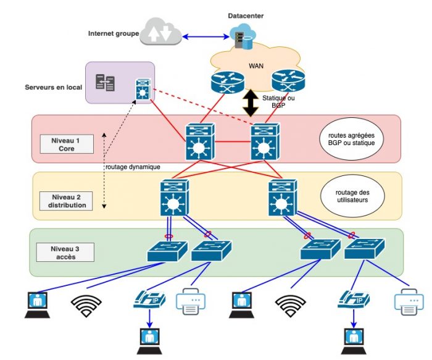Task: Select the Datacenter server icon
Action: click(x=242, y=39)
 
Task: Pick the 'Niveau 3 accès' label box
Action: click(x=64, y=253)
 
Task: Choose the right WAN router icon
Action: click(x=288, y=81)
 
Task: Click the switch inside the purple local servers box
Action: click(x=144, y=90)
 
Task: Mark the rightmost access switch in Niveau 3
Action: click(x=363, y=249)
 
